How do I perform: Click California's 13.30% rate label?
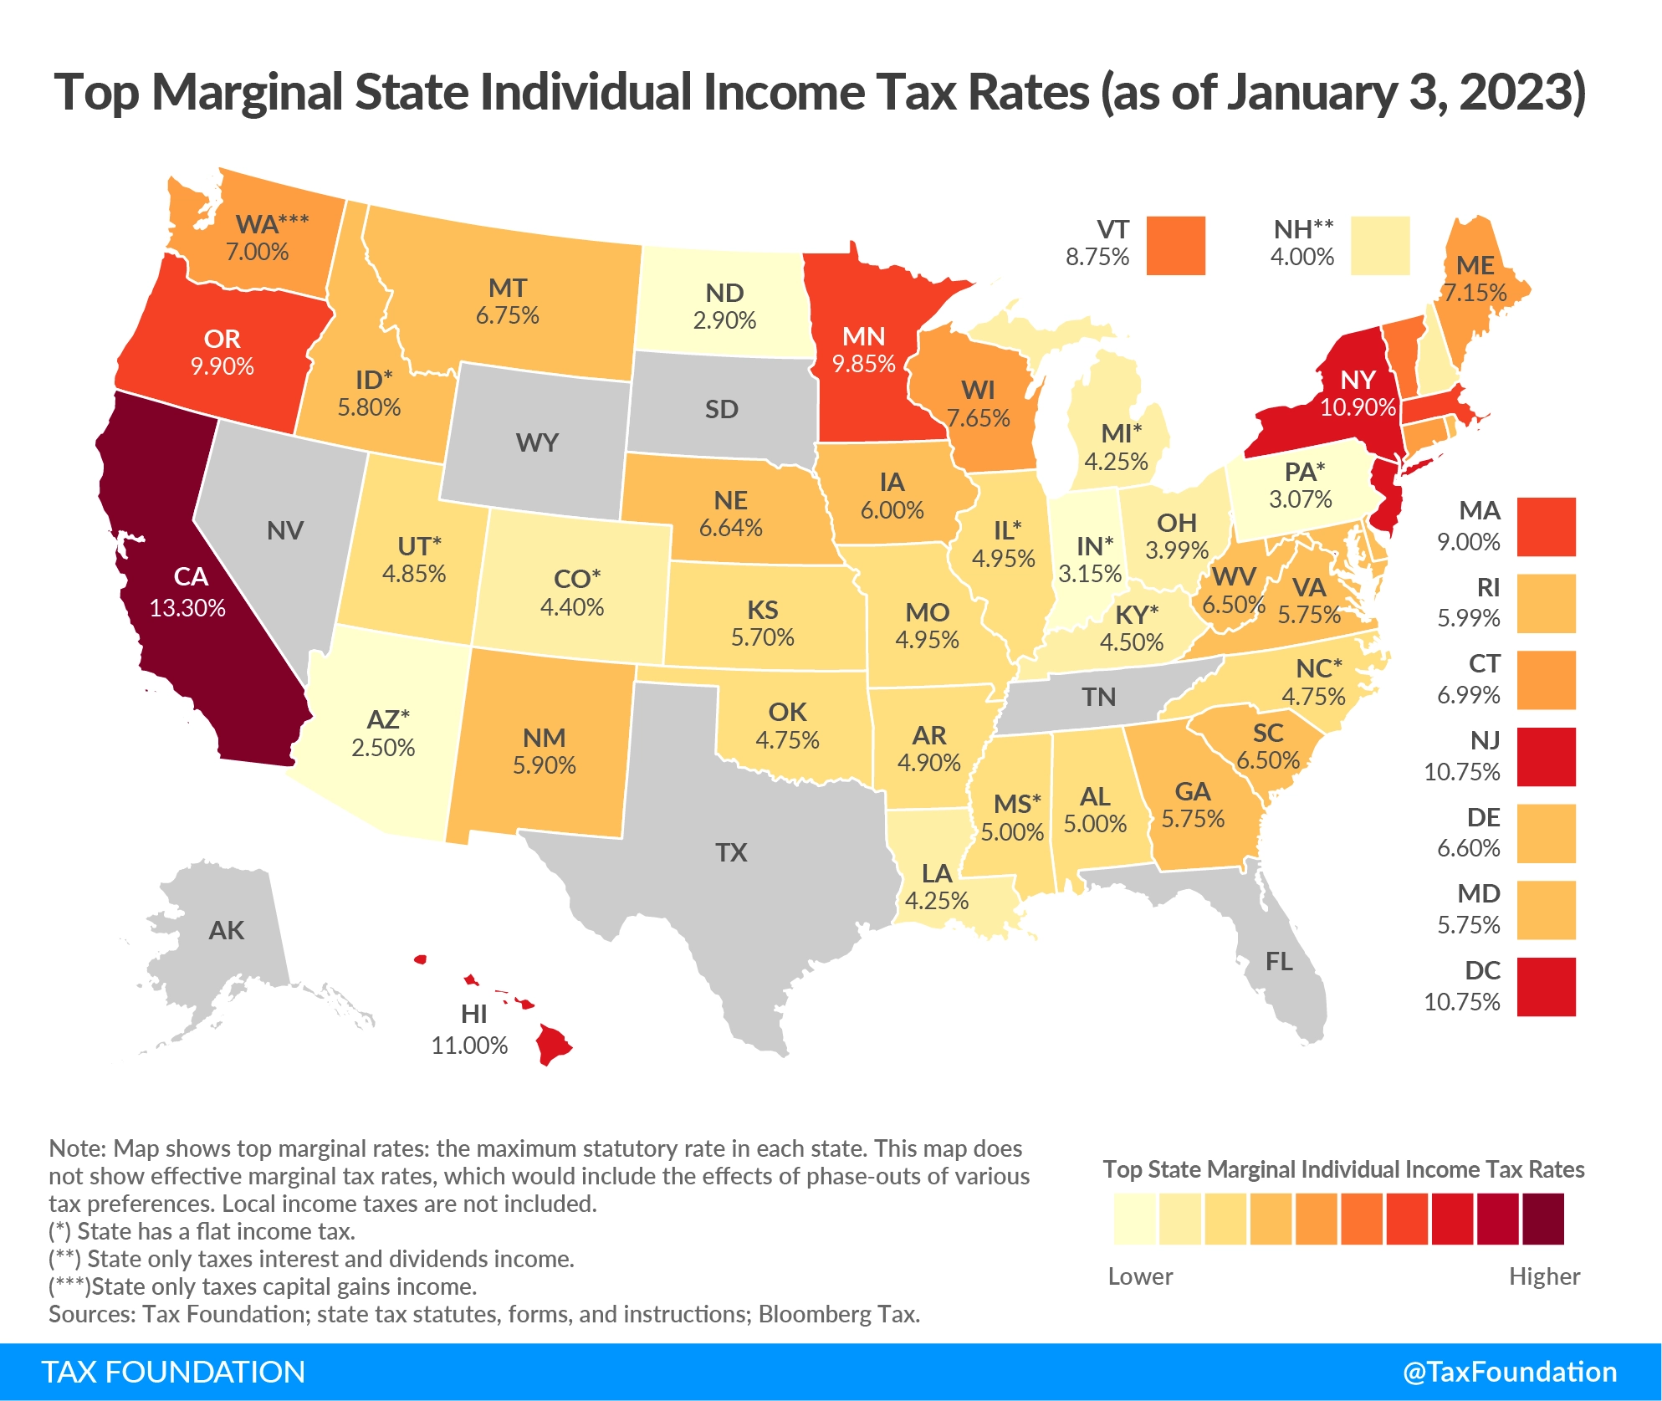point(187,608)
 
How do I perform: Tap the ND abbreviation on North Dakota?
point(724,293)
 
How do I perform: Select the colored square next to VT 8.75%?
point(1175,245)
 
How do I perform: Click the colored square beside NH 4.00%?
point(1380,245)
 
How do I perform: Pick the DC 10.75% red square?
point(1546,987)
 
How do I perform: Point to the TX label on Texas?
point(731,852)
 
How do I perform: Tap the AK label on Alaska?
point(227,930)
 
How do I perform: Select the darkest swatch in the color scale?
point(1542,1219)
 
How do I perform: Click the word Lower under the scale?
point(1140,1276)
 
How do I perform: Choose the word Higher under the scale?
point(1544,1276)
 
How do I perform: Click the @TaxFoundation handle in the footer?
point(1510,1373)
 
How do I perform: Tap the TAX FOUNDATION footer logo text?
point(173,1373)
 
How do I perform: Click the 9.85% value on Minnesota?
point(863,364)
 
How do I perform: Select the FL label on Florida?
point(1279,962)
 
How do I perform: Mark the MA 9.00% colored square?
point(1546,527)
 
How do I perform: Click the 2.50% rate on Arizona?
point(383,748)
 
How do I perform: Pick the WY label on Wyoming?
point(537,442)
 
